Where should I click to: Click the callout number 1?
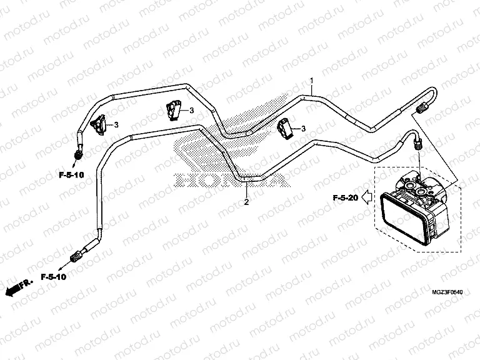(311, 81)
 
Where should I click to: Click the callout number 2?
(246, 202)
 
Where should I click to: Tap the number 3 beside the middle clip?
(192, 111)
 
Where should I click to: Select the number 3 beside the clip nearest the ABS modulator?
(303, 129)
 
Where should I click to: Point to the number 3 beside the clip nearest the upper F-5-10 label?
(116, 125)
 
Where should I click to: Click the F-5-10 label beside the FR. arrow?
(54, 276)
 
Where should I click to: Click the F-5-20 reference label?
(344, 199)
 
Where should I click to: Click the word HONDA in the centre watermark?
(231, 179)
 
